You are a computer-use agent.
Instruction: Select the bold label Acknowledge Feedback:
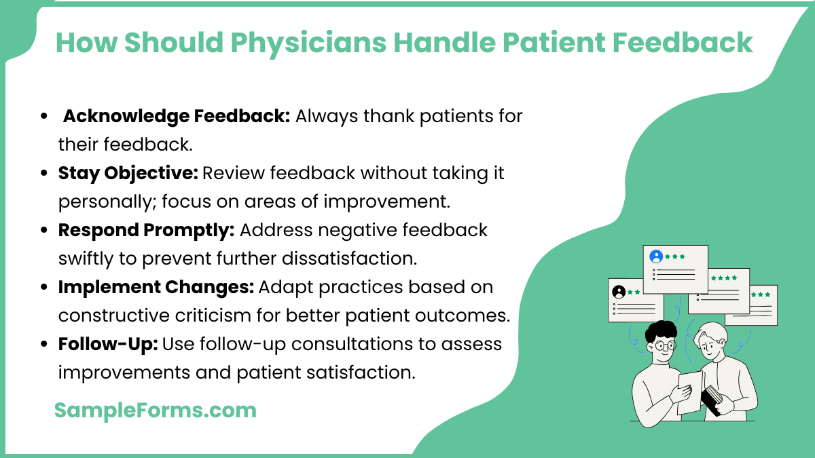[x=177, y=116]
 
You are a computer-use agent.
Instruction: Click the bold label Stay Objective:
[x=128, y=173]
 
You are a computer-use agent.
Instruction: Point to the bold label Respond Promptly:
[x=146, y=230]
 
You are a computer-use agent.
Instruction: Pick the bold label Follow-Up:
[x=108, y=344]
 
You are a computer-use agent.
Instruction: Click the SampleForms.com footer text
[x=156, y=410]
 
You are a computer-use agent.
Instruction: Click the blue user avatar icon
[x=655, y=256]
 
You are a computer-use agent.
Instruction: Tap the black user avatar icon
[x=619, y=292]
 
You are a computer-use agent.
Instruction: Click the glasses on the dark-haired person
[x=666, y=345]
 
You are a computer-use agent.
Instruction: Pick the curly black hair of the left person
[x=660, y=332]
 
